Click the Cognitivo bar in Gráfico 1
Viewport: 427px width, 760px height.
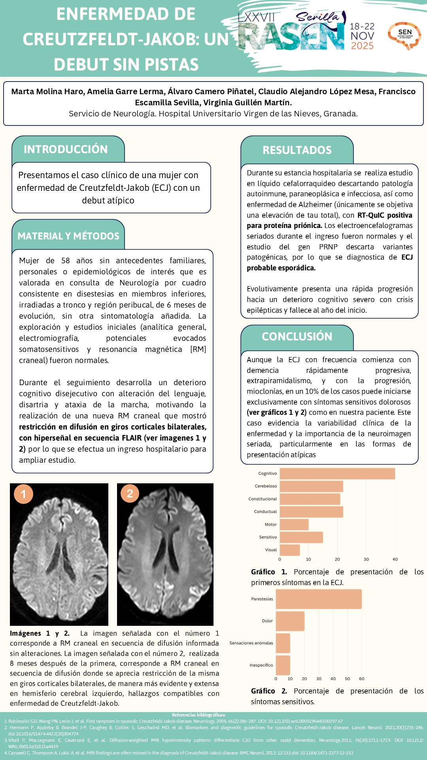point(337,473)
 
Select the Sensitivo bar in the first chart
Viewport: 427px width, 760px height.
point(301,537)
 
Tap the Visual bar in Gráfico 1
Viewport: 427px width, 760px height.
point(290,550)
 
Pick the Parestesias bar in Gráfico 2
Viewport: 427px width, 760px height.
point(319,599)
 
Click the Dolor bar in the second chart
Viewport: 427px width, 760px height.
point(290,621)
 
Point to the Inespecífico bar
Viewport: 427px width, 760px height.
point(283,665)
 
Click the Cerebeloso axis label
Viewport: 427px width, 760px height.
point(266,486)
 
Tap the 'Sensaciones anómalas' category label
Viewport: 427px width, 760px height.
point(251,643)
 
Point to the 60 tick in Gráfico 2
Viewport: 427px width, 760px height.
point(362,678)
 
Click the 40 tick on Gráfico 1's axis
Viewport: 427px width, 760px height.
point(395,559)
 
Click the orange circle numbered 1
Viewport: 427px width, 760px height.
point(23,494)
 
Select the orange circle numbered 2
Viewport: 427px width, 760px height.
point(130,493)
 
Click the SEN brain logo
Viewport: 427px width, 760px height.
point(404,35)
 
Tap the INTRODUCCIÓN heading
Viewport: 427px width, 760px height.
point(66,149)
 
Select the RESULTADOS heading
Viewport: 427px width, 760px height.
point(297,150)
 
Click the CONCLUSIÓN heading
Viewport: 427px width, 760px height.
point(297,336)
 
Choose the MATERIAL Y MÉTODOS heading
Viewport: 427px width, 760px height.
point(68,236)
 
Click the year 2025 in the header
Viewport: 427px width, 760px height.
point(362,46)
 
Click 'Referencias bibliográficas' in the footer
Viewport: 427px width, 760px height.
point(199,715)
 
